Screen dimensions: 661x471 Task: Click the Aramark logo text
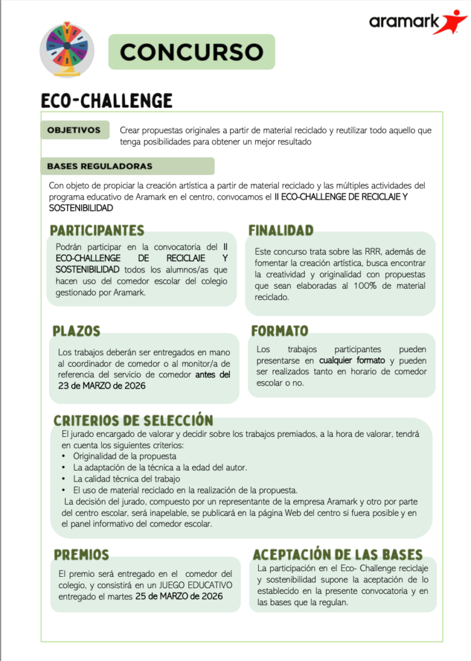(x=396, y=23)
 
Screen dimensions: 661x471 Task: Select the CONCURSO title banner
(x=192, y=52)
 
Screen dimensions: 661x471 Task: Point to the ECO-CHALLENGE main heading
(x=106, y=100)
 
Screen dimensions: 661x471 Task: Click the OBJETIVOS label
(x=74, y=131)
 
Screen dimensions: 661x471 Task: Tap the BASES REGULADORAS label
(x=99, y=166)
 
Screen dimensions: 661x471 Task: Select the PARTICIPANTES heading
(x=97, y=230)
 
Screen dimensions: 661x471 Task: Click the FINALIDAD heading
(x=281, y=230)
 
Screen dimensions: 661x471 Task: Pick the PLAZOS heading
(x=77, y=331)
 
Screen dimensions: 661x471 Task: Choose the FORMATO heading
(x=279, y=331)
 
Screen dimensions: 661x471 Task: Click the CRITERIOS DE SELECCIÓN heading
(x=133, y=420)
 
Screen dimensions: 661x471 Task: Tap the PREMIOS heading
(x=81, y=555)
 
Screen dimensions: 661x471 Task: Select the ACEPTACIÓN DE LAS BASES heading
(x=337, y=555)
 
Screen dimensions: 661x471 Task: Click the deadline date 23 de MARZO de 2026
(x=101, y=386)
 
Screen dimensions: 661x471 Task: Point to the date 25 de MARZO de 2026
(x=179, y=596)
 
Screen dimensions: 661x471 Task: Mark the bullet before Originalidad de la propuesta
(x=64, y=456)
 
